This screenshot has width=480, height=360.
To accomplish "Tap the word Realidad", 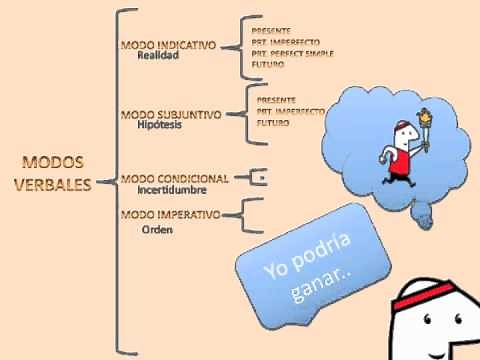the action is coord(157,57).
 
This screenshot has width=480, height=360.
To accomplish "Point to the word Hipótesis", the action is coord(161,125).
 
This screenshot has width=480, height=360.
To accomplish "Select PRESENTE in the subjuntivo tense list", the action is coord(277,100).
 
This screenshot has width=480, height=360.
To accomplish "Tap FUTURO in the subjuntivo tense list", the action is coord(274,122).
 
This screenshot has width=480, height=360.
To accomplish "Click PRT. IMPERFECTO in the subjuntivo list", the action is coord(290,111).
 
